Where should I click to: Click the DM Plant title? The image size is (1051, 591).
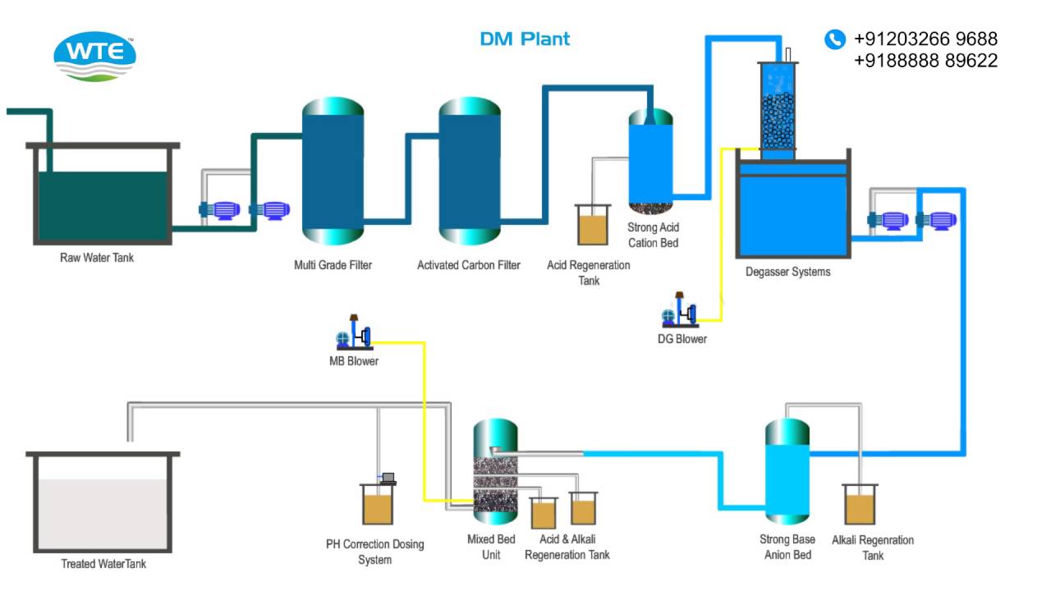(x=525, y=39)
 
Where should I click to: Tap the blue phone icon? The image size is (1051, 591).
(x=834, y=39)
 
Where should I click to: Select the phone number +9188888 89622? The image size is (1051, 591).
(x=925, y=60)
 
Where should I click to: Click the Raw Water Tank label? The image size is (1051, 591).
(x=97, y=258)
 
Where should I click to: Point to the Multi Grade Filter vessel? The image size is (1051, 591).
(x=333, y=171)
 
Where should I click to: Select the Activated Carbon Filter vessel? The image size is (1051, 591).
(x=469, y=171)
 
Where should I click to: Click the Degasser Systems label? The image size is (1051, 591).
(x=787, y=272)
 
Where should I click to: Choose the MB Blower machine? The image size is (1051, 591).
(x=354, y=333)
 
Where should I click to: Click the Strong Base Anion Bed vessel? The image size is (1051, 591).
(x=787, y=472)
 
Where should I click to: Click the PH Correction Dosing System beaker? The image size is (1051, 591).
(x=378, y=504)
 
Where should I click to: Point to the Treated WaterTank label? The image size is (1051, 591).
(x=103, y=564)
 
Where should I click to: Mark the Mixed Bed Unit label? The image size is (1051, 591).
(x=491, y=547)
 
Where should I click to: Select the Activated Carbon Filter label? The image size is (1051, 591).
(x=468, y=265)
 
